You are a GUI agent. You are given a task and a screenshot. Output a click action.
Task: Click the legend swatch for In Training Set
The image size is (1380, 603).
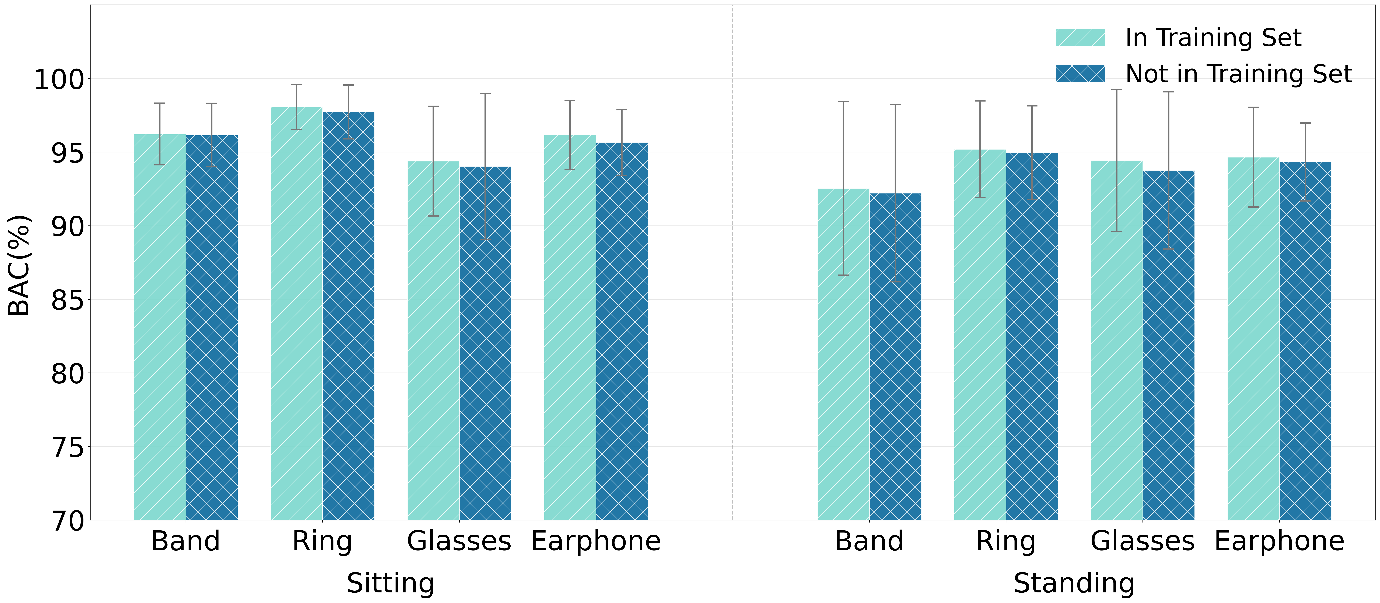click(x=1080, y=37)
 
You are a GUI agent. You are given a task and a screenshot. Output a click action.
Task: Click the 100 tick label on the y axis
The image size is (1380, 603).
click(x=59, y=79)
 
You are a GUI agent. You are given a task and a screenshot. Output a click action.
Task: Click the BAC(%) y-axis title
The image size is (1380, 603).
click(x=19, y=265)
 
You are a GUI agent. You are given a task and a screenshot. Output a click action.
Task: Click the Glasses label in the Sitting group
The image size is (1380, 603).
click(x=459, y=541)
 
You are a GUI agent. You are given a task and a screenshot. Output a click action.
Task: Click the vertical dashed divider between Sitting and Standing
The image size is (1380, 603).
click(x=732, y=268)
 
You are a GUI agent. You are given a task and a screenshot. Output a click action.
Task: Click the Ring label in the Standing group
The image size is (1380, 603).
click(x=1005, y=541)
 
